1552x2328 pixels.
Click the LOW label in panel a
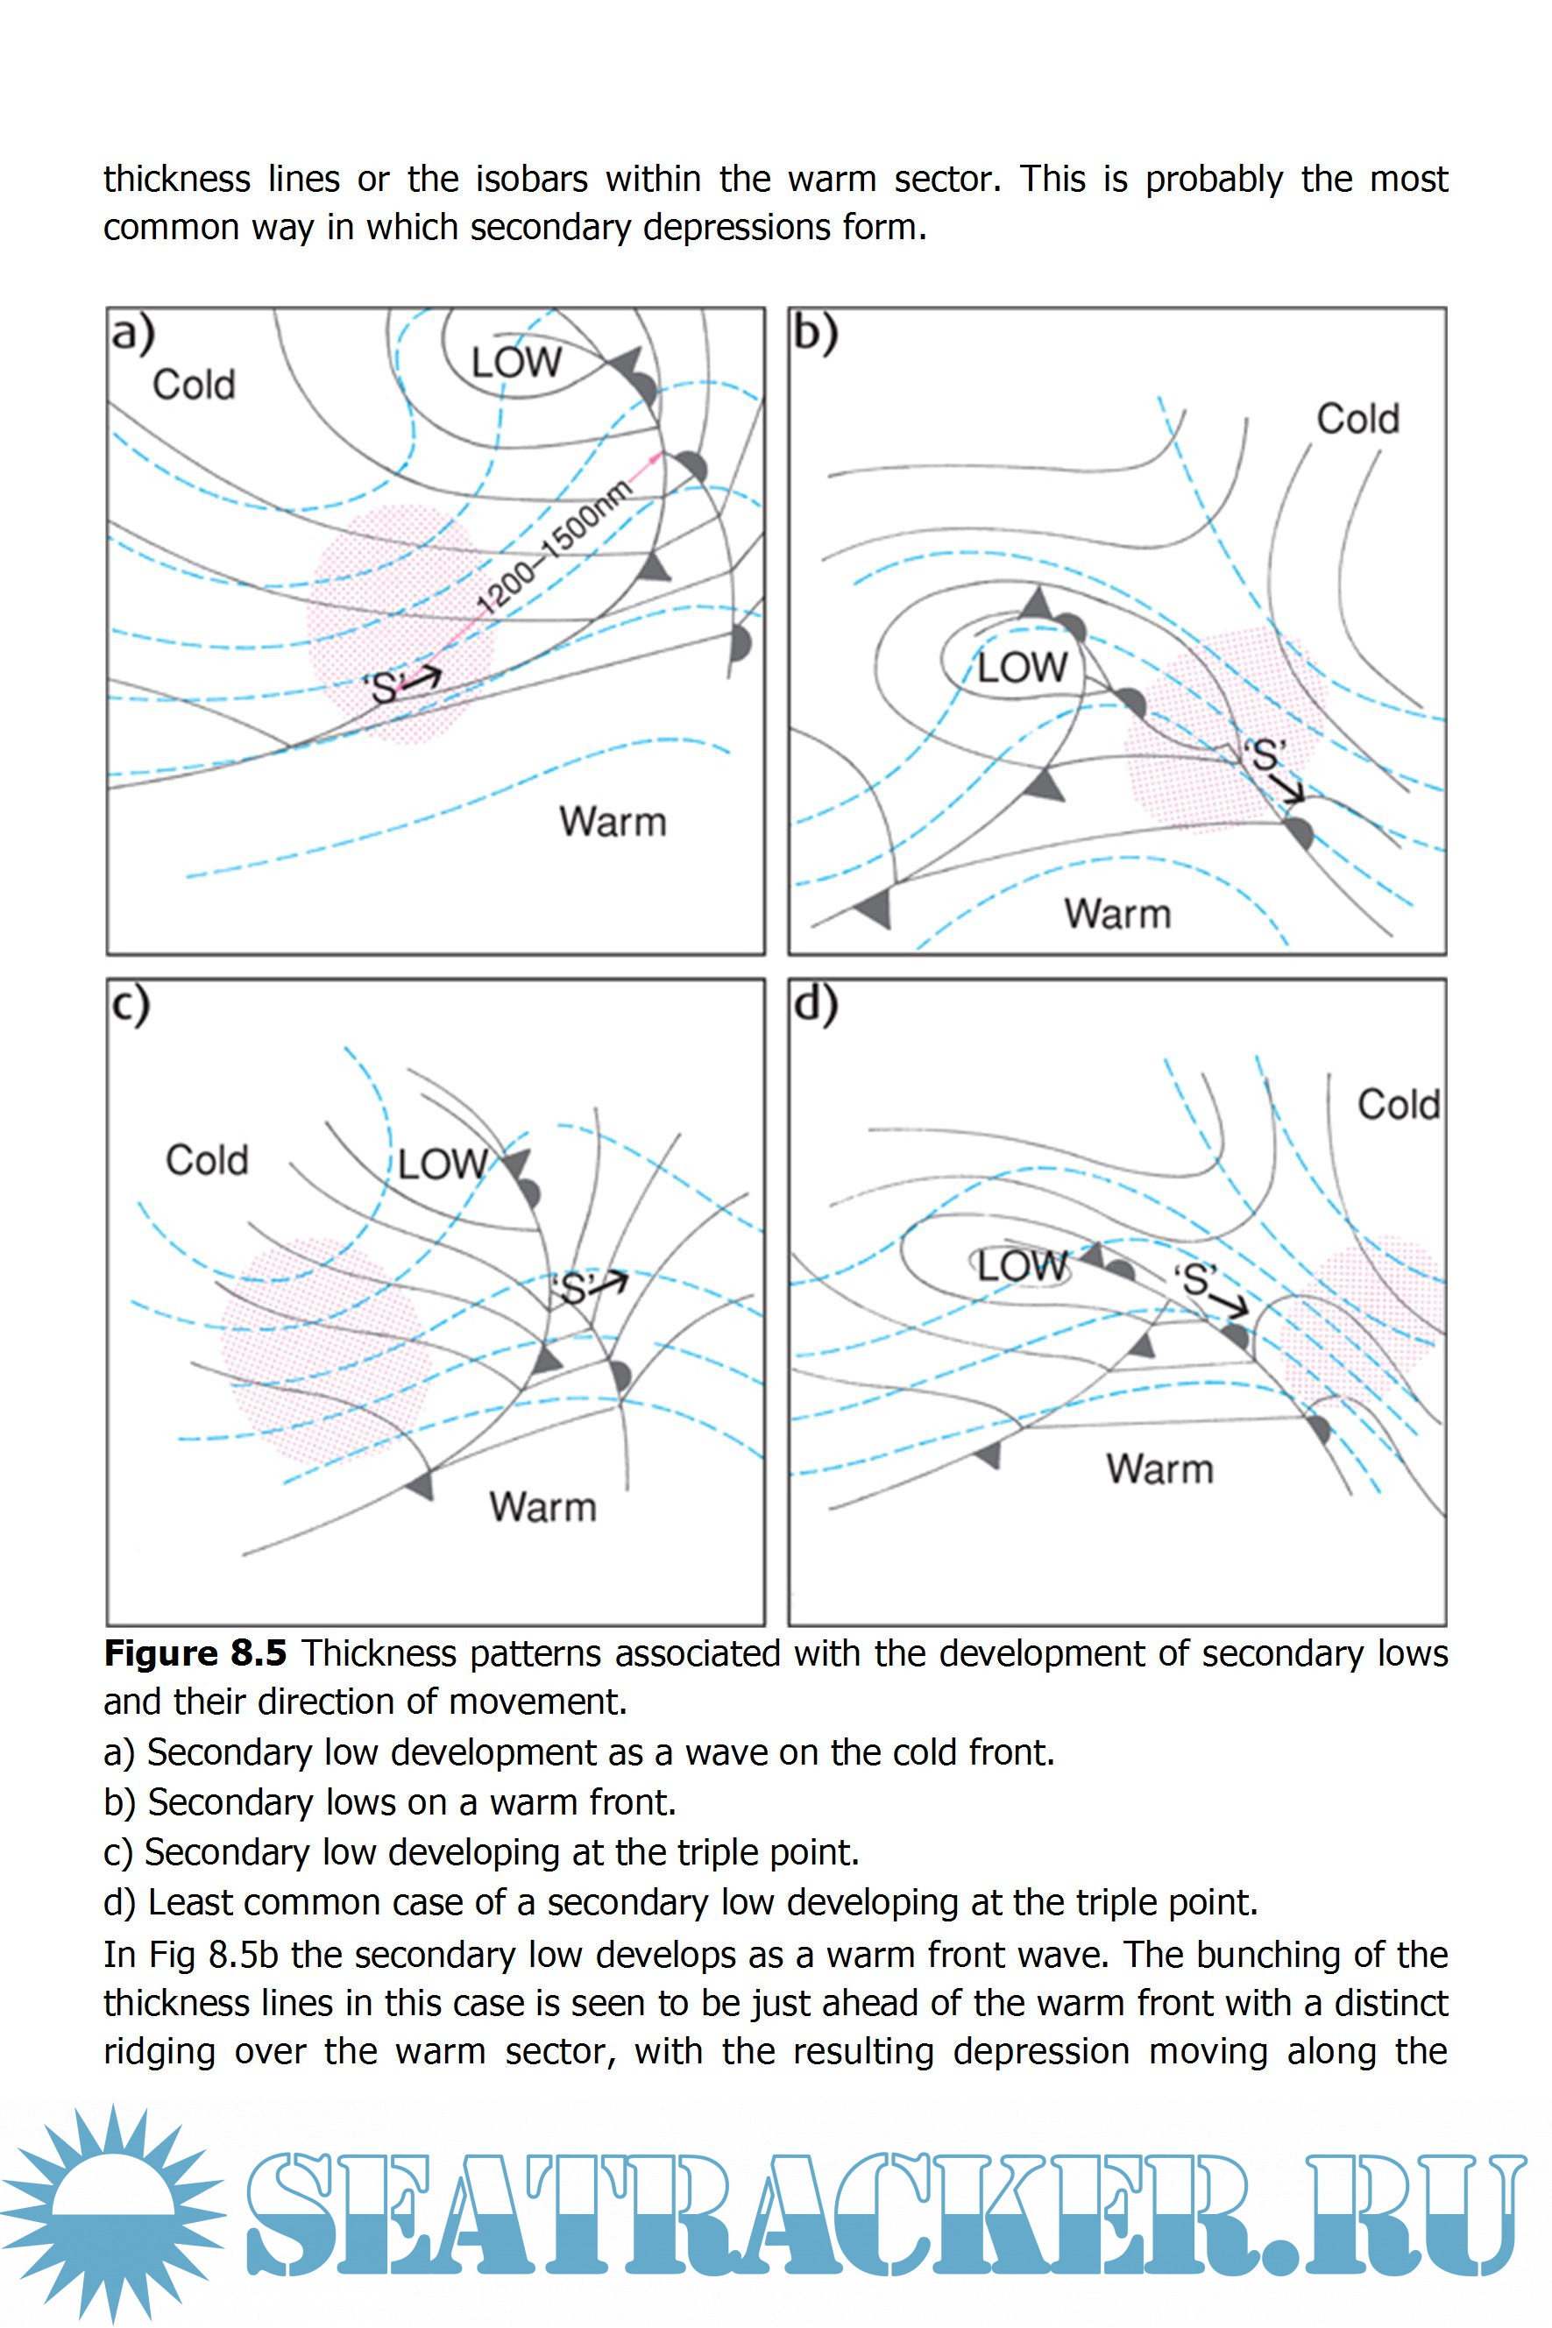(515, 362)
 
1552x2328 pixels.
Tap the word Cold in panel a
(194, 385)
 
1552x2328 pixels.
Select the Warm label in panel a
(613, 821)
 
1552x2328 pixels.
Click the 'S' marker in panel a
(384, 686)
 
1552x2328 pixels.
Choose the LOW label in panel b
(1023, 668)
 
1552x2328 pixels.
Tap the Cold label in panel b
(1357, 419)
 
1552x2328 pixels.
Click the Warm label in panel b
(1117, 913)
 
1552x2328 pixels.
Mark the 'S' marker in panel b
(1267, 755)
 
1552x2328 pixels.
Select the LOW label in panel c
(443, 1164)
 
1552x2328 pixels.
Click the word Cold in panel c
(207, 1159)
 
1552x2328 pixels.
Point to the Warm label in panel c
(542, 1507)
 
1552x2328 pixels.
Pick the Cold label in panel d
(1398, 1104)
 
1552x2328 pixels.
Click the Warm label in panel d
(1159, 1468)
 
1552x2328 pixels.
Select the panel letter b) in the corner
(816, 334)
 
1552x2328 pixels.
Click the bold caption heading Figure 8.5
(195, 1653)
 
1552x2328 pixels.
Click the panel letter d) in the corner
(816, 1005)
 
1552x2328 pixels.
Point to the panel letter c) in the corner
(131, 1005)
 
